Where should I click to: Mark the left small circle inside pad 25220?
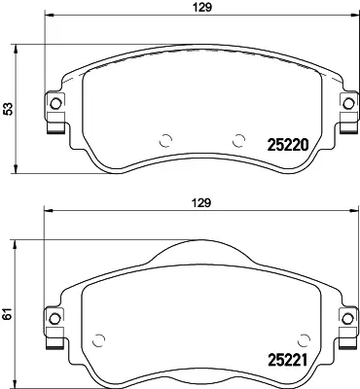[x=164, y=137]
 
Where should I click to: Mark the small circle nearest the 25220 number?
[x=236, y=137]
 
